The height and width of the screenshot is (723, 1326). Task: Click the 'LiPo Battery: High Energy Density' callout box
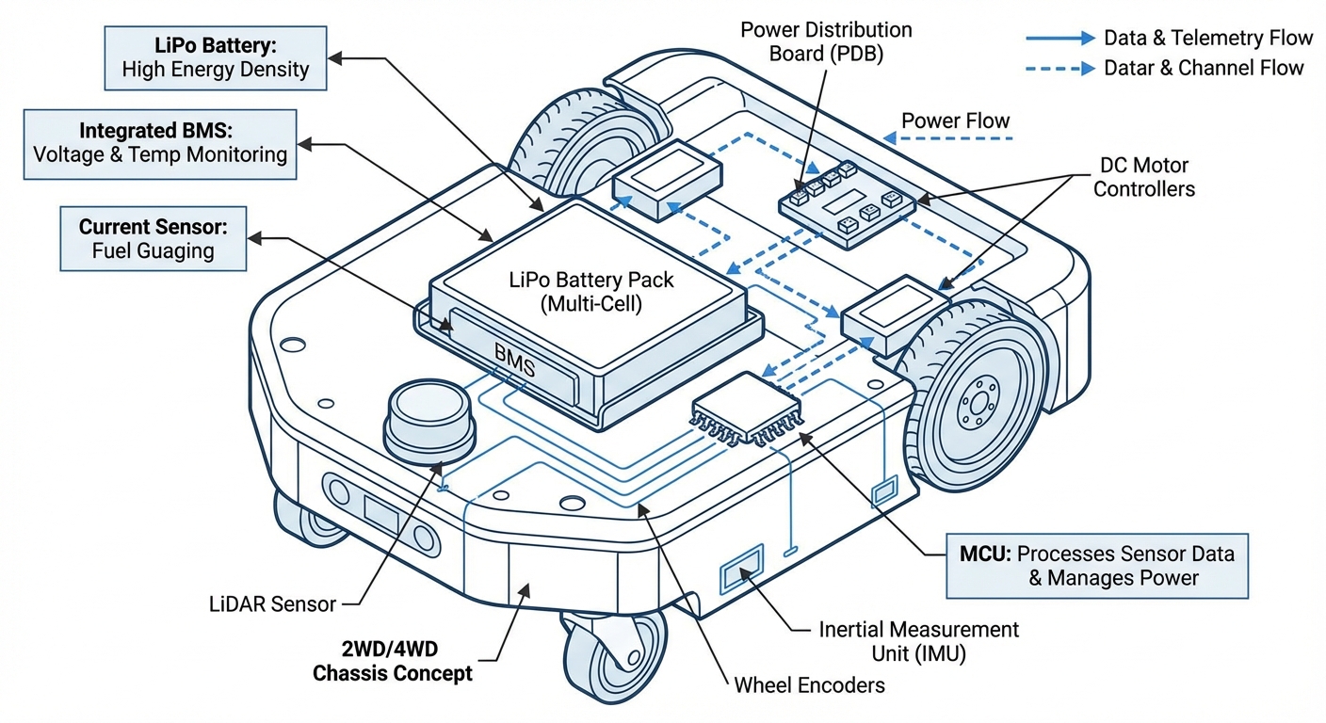(x=216, y=57)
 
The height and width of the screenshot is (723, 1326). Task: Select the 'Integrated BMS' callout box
(x=160, y=143)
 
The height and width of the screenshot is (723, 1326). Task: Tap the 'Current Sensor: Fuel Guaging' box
(x=153, y=239)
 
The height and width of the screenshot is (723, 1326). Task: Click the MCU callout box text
(x=1098, y=565)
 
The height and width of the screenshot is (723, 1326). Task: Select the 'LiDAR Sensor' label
(x=272, y=603)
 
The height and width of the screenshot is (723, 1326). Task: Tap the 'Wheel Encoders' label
(x=809, y=684)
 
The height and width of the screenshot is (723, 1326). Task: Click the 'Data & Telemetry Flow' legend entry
(x=1208, y=38)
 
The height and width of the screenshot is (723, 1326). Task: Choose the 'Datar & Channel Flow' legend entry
(x=1204, y=68)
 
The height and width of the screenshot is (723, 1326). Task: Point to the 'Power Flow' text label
(x=955, y=120)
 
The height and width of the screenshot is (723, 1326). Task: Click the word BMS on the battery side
(x=515, y=361)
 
